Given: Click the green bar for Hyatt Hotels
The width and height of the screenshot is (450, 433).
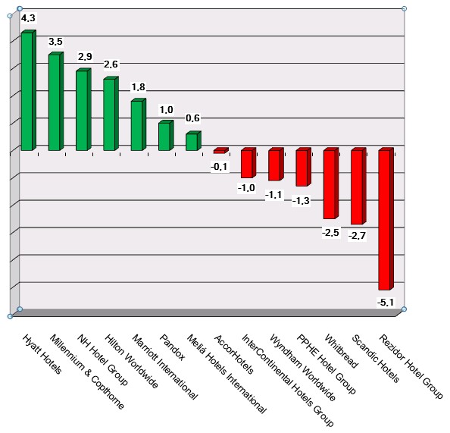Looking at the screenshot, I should [x=27, y=91].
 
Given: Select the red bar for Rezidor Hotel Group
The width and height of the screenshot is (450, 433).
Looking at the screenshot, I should [x=385, y=219].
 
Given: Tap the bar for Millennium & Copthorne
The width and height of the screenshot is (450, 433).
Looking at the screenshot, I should [x=55, y=102].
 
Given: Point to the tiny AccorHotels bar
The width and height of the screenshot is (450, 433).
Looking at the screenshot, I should [x=220, y=151].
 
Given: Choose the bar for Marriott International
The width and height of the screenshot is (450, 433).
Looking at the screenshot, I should [x=137, y=125].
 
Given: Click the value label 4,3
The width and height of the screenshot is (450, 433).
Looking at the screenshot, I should [x=28, y=17].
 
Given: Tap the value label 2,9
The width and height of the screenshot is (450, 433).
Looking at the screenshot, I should [x=85, y=57].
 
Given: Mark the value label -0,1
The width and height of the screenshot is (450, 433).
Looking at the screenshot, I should [x=220, y=165].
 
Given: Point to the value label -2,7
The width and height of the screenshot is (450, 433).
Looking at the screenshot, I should [x=357, y=236].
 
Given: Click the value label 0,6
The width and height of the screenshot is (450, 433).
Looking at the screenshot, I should [x=193, y=118].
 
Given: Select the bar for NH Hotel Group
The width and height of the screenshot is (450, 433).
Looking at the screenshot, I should [x=82, y=110].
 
